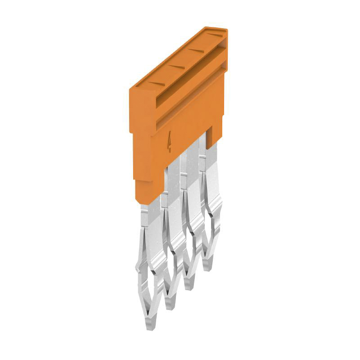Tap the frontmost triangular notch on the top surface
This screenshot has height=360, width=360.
[x=155, y=83]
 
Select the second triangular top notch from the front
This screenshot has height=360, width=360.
[x=176, y=67]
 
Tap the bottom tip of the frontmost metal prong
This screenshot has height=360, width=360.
[x=149, y=327]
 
